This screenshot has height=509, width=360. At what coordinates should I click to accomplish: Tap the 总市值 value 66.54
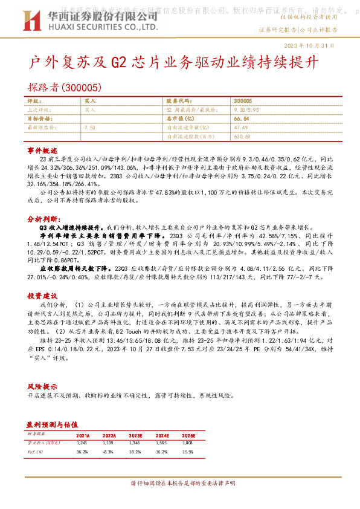241,119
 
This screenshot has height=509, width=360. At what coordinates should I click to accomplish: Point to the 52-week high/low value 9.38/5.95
247,111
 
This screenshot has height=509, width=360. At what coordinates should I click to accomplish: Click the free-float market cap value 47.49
240,128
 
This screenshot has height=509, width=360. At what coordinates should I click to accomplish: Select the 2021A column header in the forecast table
83,435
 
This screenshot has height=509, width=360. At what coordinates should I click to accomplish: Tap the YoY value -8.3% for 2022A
109,452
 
